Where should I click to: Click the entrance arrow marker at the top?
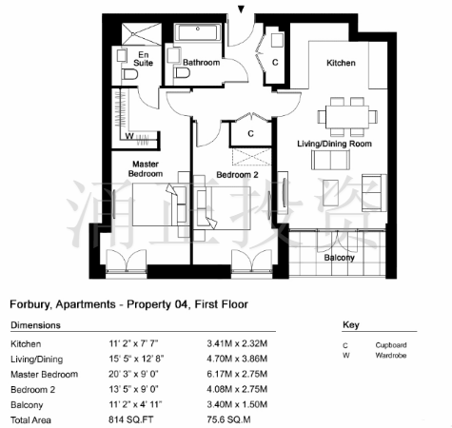(242, 10)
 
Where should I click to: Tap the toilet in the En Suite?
(129, 75)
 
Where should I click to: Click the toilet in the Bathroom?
(182, 73)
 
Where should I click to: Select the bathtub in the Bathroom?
(198, 32)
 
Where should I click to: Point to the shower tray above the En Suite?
(142, 34)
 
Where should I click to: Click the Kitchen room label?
(341, 63)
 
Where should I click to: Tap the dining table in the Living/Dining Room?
(347, 117)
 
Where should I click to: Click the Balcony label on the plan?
(339, 258)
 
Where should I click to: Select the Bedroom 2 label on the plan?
(237, 175)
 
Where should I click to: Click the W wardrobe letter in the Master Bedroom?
(129, 136)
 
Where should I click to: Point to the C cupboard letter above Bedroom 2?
(250, 134)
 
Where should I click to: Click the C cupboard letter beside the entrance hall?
(275, 63)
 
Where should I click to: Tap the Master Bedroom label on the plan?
(146, 168)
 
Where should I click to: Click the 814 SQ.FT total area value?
(130, 419)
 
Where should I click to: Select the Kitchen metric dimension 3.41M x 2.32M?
(237, 343)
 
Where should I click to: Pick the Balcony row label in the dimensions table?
(27, 405)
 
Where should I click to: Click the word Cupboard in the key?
(391, 345)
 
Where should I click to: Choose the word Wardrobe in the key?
(391, 355)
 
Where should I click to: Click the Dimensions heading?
(35, 325)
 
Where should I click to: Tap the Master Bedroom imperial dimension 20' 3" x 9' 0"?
(133, 374)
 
